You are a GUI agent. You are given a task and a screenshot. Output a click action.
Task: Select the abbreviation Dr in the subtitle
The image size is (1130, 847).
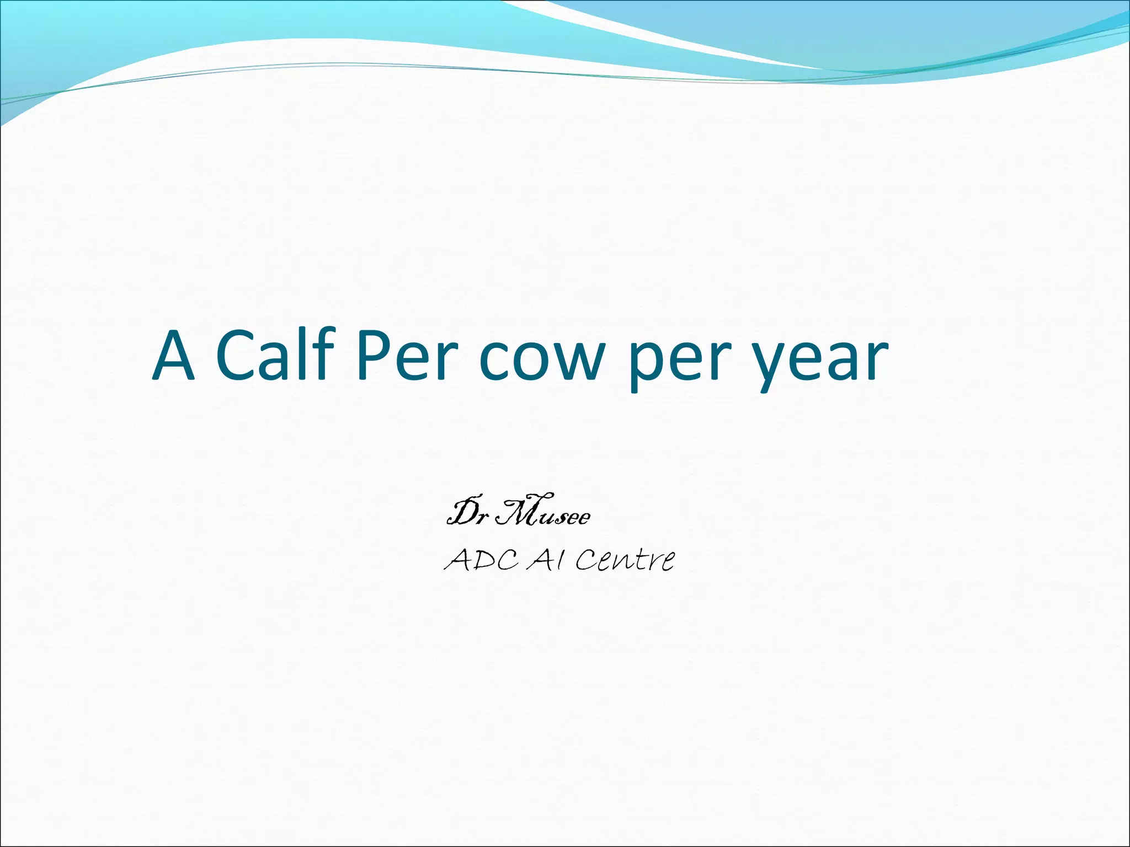[x=466, y=514]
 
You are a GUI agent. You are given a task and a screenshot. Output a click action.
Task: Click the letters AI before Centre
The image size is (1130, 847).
[x=547, y=561]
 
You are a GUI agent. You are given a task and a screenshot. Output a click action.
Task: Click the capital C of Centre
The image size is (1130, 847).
[x=588, y=561]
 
